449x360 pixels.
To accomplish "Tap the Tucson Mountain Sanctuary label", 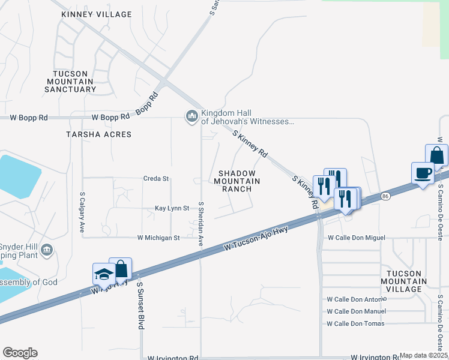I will [70, 81].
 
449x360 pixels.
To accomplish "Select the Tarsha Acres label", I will [99, 134].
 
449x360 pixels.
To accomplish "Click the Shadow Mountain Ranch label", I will [237, 181].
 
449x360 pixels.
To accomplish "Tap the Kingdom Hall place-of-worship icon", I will [192, 116].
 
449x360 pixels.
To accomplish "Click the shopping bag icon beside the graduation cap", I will [121, 269].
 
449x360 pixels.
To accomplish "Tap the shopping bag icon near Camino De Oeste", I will [436, 155].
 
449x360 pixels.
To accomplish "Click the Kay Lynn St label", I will [172, 208].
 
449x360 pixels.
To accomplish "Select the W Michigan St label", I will [158, 238].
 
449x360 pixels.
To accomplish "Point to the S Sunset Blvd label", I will [140, 305].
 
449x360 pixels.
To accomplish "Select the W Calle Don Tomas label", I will [355, 323].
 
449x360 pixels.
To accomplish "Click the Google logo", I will [20, 353].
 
